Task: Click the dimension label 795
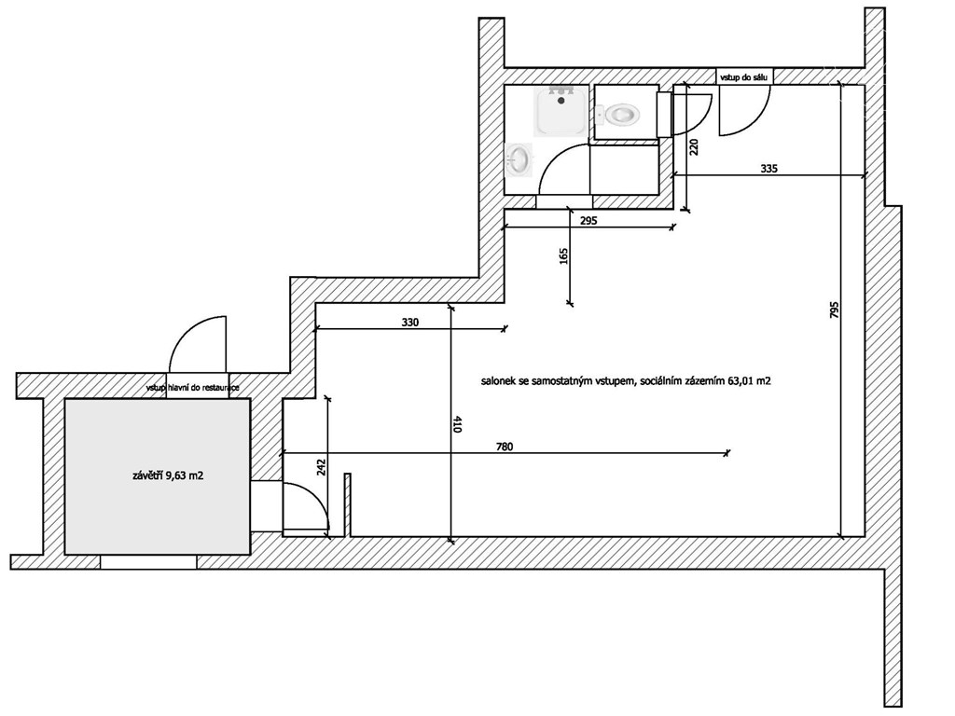[x=835, y=310]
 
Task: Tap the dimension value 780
[x=505, y=447]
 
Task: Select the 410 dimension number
[x=457, y=424]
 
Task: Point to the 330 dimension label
[x=410, y=323]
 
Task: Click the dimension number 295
[x=588, y=221]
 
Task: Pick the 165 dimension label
[x=562, y=255]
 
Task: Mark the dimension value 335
[x=769, y=169]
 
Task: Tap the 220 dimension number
[x=694, y=147]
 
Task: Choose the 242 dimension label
[x=322, y=466]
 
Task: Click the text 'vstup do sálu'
[x=745, y=78]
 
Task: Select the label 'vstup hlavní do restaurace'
[x=192, y=388]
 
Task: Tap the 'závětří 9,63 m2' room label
[x=168, y=476]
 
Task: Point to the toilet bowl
[x=619, y=114]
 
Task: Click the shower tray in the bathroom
[x=561, y=111]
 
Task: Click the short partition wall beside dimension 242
[x=348, y=505]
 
